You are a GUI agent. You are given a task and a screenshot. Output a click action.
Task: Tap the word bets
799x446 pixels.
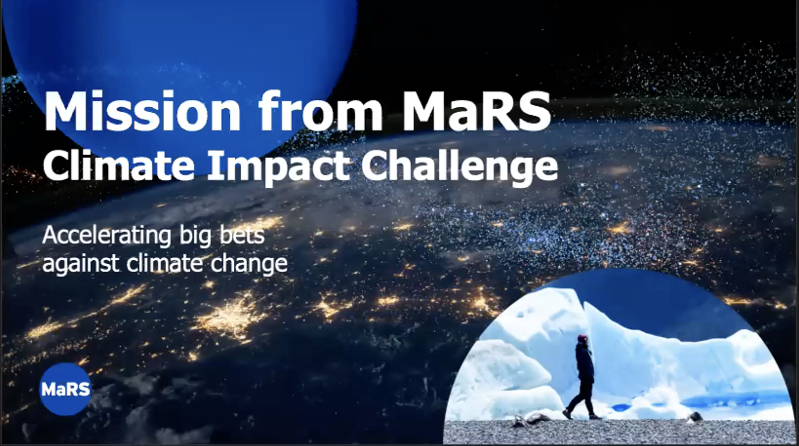click(241, 236)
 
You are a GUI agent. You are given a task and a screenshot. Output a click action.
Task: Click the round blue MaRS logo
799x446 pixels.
click(65, 389)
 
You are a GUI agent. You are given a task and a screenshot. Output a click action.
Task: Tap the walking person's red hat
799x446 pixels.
click(582, 339)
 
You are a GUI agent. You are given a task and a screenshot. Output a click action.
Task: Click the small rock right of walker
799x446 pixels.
click(695, 416)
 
